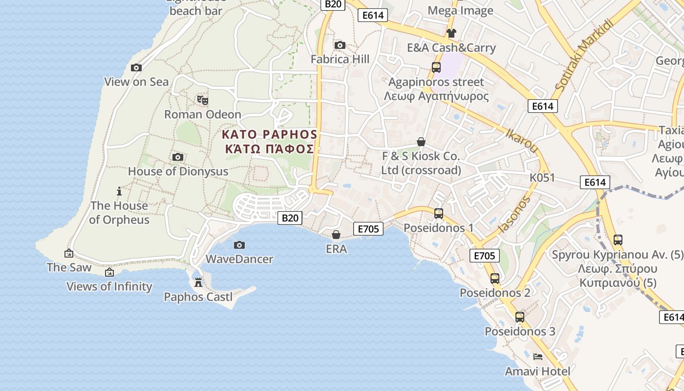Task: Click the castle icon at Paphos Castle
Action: (198, 282)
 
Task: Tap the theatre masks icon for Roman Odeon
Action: (203, 100)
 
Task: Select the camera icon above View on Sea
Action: (136, 67)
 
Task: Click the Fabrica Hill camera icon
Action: (340, 45)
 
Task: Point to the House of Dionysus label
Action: (178, 172)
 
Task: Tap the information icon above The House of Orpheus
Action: (119, 191)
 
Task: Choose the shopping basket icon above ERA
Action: (336, 235)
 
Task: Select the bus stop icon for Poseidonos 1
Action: (439, 214)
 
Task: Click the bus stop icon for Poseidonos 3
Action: (520, 317)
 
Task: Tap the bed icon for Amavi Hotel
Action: (538, 357)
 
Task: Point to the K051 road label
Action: (542, 177)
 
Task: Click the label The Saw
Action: (69, 267)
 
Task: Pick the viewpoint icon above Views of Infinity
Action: (109, 272)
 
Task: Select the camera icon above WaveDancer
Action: (239, 245)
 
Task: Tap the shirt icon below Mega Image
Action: (451, 33)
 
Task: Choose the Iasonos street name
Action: (513, 214)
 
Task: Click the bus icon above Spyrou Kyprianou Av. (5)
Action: (618, 240)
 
